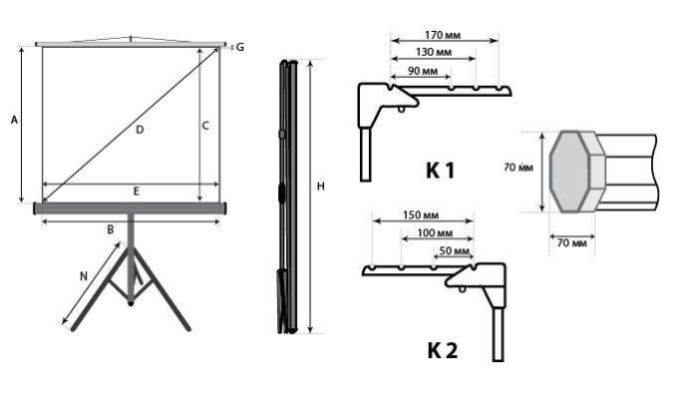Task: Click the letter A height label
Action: click(x=14, y=120)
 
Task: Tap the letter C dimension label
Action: click(x=205, y=127)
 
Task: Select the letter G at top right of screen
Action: click(x=238, y=47)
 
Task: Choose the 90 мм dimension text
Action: click(x=423, y=72)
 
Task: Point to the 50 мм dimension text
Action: click(x=454, y=252)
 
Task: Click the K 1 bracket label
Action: click(x=440, y=171)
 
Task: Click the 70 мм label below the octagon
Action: click(x=570, y=242)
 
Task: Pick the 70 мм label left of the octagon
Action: click(x=516, y=169)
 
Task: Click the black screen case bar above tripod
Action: click(x=131, y=208)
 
